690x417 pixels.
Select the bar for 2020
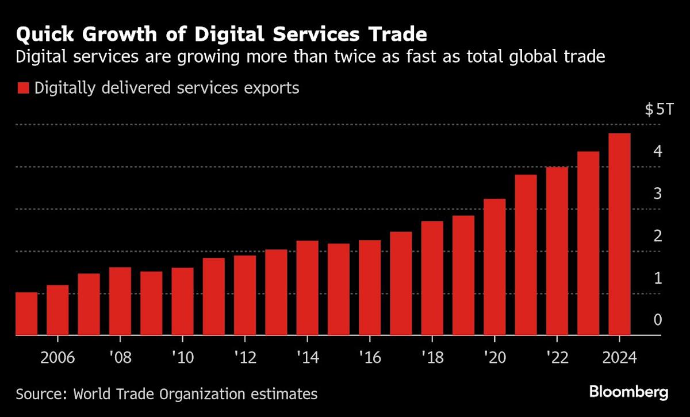[x=494, y=267]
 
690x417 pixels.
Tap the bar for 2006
[x=57, y=310]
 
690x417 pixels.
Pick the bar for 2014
[x=307, y=288]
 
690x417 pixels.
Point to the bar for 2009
[x=151, y=303]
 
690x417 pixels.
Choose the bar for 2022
[x=557, y=251]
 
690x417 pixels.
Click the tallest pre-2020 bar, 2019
[x=463, y=276]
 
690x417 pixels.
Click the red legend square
[x=23, y=88]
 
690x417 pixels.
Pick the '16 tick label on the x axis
[x=369, y=357]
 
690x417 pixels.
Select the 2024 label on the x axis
[x=619, y=357]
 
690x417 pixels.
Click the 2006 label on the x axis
[x=57, y=357]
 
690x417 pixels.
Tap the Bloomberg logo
[x=628, y=392]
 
